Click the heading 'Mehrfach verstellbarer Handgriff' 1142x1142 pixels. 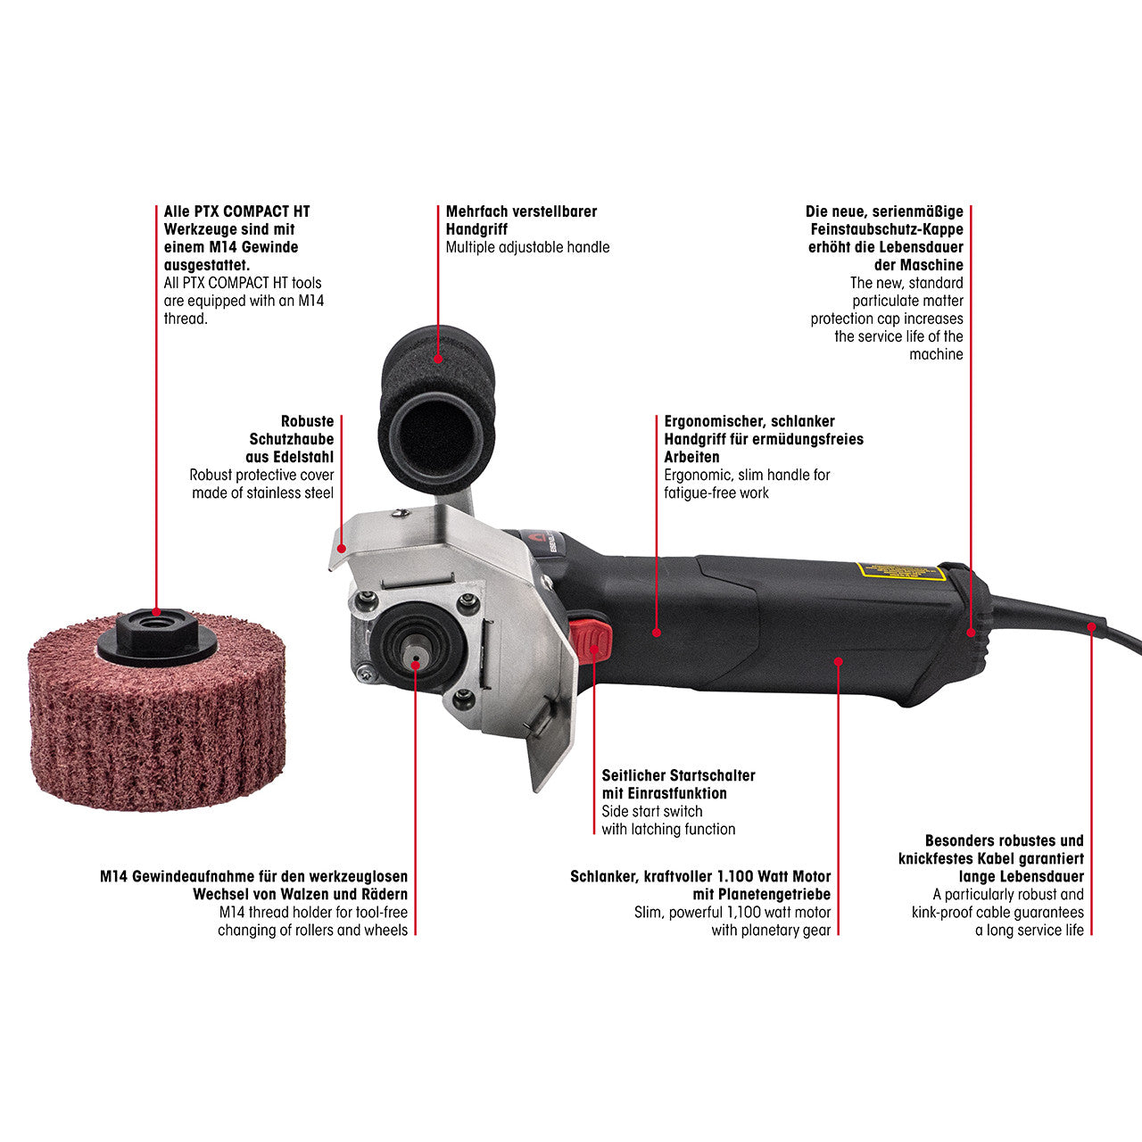click(x=521, y=220)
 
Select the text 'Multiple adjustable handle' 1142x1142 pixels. click(x=527, y=247)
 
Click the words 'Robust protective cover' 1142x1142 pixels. click(x=261, y=475)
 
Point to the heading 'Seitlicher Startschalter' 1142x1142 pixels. click(x=678, y=775)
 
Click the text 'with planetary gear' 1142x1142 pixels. click(x=770, y=930)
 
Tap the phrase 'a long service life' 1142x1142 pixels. click(x=1029, y=930)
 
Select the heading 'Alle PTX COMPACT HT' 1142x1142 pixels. click(x=236, y=211)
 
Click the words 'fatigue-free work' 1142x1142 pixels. click(x=716, y=492)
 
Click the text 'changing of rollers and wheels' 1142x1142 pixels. click(x=312, y=930)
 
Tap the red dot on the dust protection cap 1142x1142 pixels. click(x=971, y=632)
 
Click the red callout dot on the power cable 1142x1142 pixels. click(x=1091, y=626)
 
